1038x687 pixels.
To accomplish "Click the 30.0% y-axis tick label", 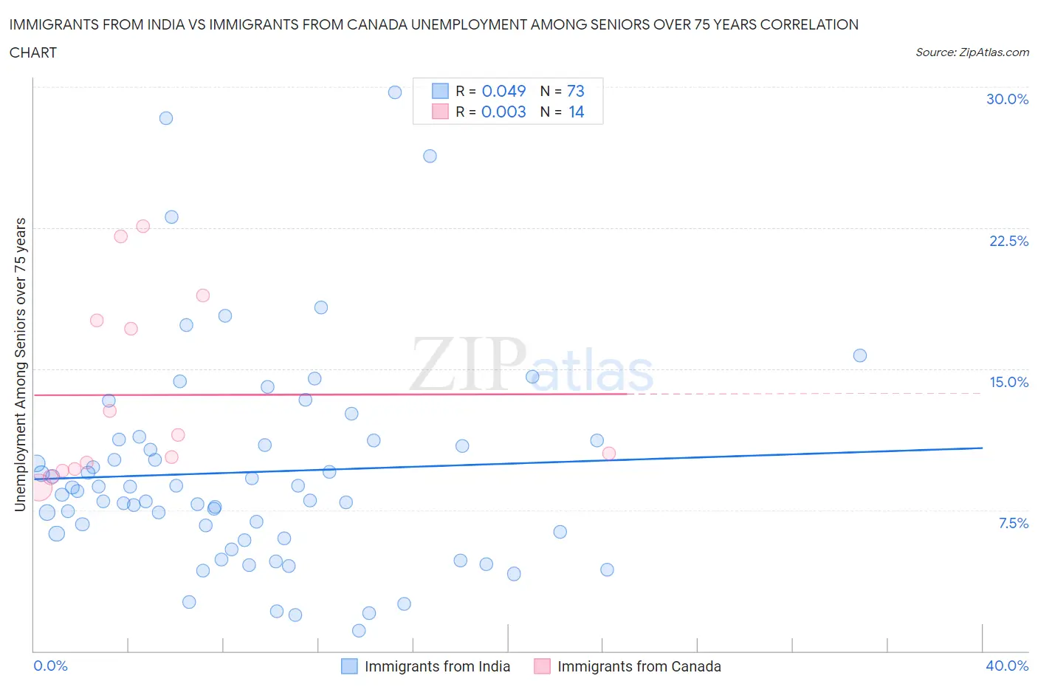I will (x=1007, y=99).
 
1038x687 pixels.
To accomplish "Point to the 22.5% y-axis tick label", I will (x=1008, y=241).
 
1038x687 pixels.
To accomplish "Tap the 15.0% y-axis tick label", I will (x=1008, y=382).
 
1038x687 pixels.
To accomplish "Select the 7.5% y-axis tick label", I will (x=1013, y=523).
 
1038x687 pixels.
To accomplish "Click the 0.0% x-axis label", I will (x=51, y=666).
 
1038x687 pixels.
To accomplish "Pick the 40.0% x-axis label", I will (x=1007, y=666).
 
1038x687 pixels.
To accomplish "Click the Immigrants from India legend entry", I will (x=436, y=666).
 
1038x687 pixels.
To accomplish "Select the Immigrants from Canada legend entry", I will (x=639, y=666).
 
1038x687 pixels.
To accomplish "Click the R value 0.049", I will (x=503, y=91).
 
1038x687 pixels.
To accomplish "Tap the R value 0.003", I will (x=503, y=112).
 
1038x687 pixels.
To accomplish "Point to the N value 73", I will (x=576, y=91).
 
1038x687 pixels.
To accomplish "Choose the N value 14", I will (x=576, y=112).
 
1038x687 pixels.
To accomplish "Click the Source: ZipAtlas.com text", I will (x=972, y=52).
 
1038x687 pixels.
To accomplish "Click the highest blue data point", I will (x=395, y=92).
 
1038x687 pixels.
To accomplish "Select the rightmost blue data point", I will (x=860, y=355).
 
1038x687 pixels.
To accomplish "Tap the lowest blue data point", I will (x=359, y=630).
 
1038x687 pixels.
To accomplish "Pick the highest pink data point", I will (x=143, y=226).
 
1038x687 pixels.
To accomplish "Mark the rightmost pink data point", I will (x=609, y=453).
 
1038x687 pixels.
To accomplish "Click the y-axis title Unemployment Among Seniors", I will (x=21, y=364).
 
